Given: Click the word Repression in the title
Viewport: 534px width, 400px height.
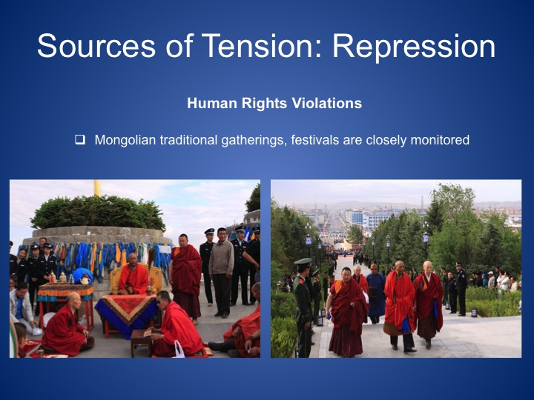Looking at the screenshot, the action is [x=414, y=46].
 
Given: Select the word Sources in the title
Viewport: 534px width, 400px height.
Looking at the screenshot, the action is [x=96, y=45].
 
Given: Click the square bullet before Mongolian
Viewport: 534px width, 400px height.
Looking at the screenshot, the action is [x=80, y=139].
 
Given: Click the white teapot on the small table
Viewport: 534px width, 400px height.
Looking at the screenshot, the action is [x=85, y=279].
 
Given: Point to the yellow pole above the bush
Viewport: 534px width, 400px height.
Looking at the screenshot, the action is [x=97, y=187].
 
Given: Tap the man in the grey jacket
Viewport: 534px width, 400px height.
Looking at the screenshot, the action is [x=221, y=272].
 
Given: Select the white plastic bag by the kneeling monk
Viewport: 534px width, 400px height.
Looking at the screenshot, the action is [x=179, y=350].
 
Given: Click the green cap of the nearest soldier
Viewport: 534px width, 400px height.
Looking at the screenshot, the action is [x=303, y=261].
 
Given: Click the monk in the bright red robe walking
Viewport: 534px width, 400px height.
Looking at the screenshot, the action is [x=400, y=304].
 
